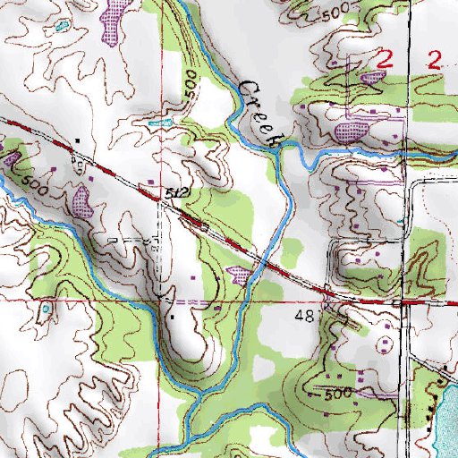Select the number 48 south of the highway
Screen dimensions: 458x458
[x=305, y=318]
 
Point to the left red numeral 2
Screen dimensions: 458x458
[x=385, y=61]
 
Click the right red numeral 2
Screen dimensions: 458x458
[x=436, y=61]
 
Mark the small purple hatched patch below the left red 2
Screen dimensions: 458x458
[x=370, y=78]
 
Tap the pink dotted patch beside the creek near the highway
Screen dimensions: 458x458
[x=240, y=274]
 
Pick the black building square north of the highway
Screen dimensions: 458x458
[x=78, y=140]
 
